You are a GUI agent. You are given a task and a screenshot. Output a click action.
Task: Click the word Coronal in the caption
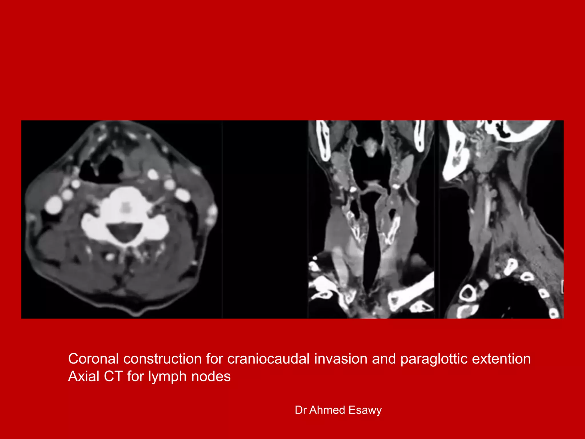(93, 359)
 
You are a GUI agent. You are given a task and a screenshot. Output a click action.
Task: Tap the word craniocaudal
(268, 359)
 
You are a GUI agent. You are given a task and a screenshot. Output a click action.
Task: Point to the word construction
(162, 359)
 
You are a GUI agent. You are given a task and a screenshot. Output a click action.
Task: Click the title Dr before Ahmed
(300, 410)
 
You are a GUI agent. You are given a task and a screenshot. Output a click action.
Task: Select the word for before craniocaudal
(215, 359)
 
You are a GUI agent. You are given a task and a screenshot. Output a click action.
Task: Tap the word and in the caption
(384, 359)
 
